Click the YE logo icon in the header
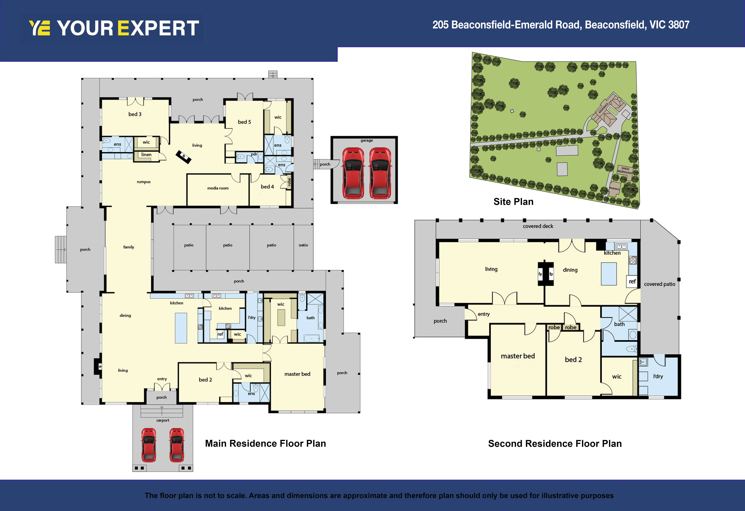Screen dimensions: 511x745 pyautogui.click(x=39, y=28)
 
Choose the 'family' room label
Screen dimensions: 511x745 pyautogui.click(x=129, y=247)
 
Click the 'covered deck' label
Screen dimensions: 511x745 pyautogui.click(x=538, y=226)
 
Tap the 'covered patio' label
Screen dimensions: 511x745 pyautogui.click(x=659, y=284)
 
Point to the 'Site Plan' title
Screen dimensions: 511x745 pyautogui.click(x=513, y=202)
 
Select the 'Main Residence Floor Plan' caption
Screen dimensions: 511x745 pyautogui.click(x=265, y=444)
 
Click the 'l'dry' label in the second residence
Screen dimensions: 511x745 pyautogui.click(x=658, y=376)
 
